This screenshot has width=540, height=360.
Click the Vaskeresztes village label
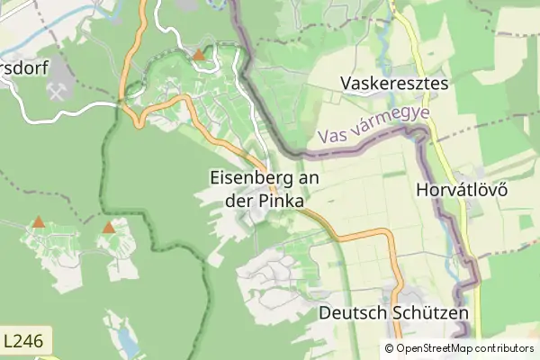[395, 84]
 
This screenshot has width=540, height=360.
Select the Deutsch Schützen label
[394, 313]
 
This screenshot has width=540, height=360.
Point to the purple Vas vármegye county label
[373, 127]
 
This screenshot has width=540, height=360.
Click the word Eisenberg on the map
[253, 178]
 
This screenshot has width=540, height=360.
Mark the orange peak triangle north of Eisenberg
[198, 55]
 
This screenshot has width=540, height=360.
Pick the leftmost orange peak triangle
[38, 221]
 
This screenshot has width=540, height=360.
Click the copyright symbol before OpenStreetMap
[390, 348]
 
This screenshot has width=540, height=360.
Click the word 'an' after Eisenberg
[310, 178]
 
